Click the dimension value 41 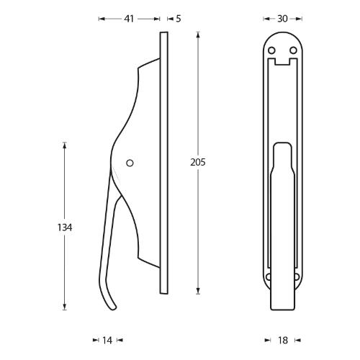[130, 19]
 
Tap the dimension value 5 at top [178, 19]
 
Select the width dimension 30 [282, 19]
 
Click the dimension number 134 [65, 228]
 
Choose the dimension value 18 [282, 339]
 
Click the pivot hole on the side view [130, 163]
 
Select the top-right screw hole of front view [293, 50]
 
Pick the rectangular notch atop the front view [282, 65]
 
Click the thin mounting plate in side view [164, 162]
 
